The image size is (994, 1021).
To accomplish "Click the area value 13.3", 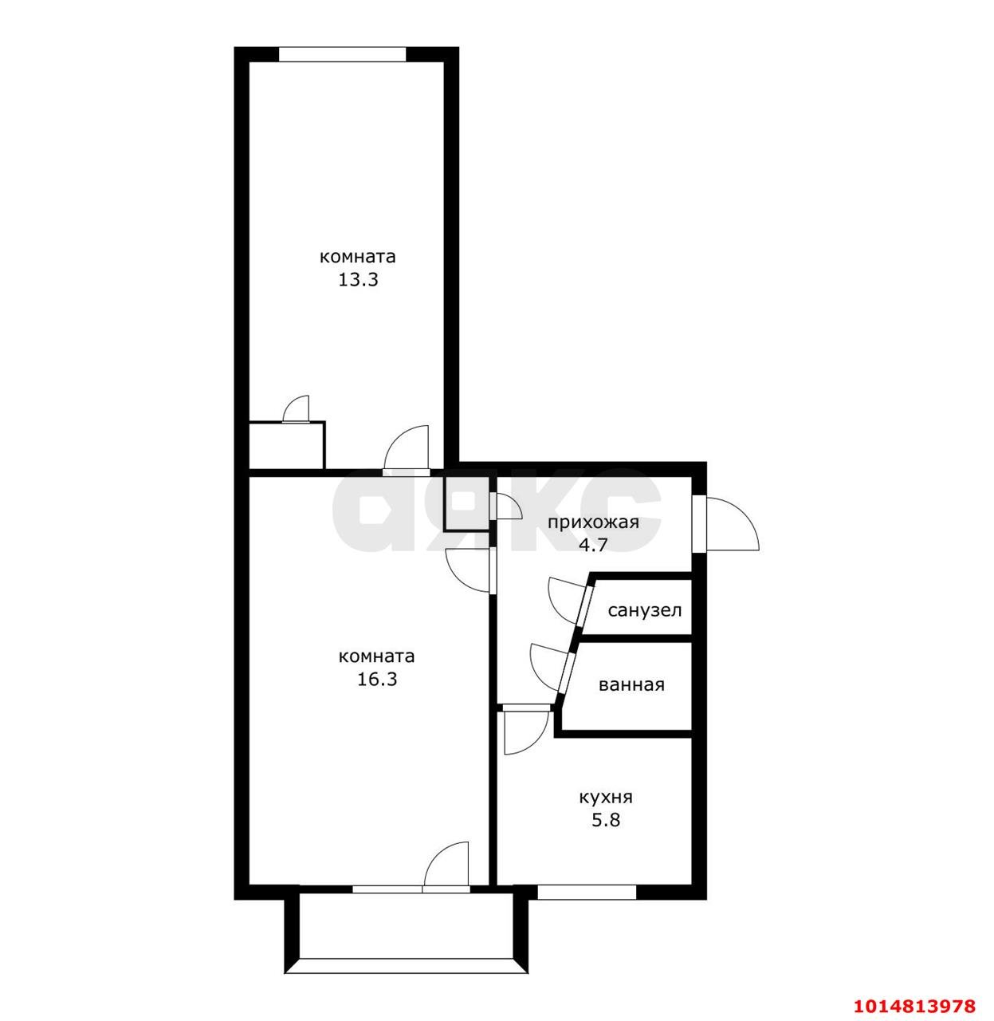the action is [x=358, y=280].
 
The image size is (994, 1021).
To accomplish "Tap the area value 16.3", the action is [x=377, y=680].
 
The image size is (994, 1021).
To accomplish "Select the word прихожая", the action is [x=593, y=523].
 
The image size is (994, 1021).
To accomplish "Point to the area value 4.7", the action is [x=592, y=545].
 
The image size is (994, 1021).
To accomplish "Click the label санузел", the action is [x=644, y=611].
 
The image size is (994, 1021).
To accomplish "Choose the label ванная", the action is [x=631, y=684].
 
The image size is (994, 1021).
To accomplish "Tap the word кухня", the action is [x=606, y=798].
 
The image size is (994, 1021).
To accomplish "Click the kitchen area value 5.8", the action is [x=606, y=819].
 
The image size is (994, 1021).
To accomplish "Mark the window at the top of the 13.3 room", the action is [x=342, y=54].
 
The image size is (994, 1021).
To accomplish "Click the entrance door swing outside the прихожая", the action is [x=732, y=523].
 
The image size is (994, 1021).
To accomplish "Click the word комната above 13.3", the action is [x=358, y=257].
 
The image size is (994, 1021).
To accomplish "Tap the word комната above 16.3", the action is [x=377, y=656].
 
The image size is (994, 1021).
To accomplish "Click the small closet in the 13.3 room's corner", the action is [x=287, y=445].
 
